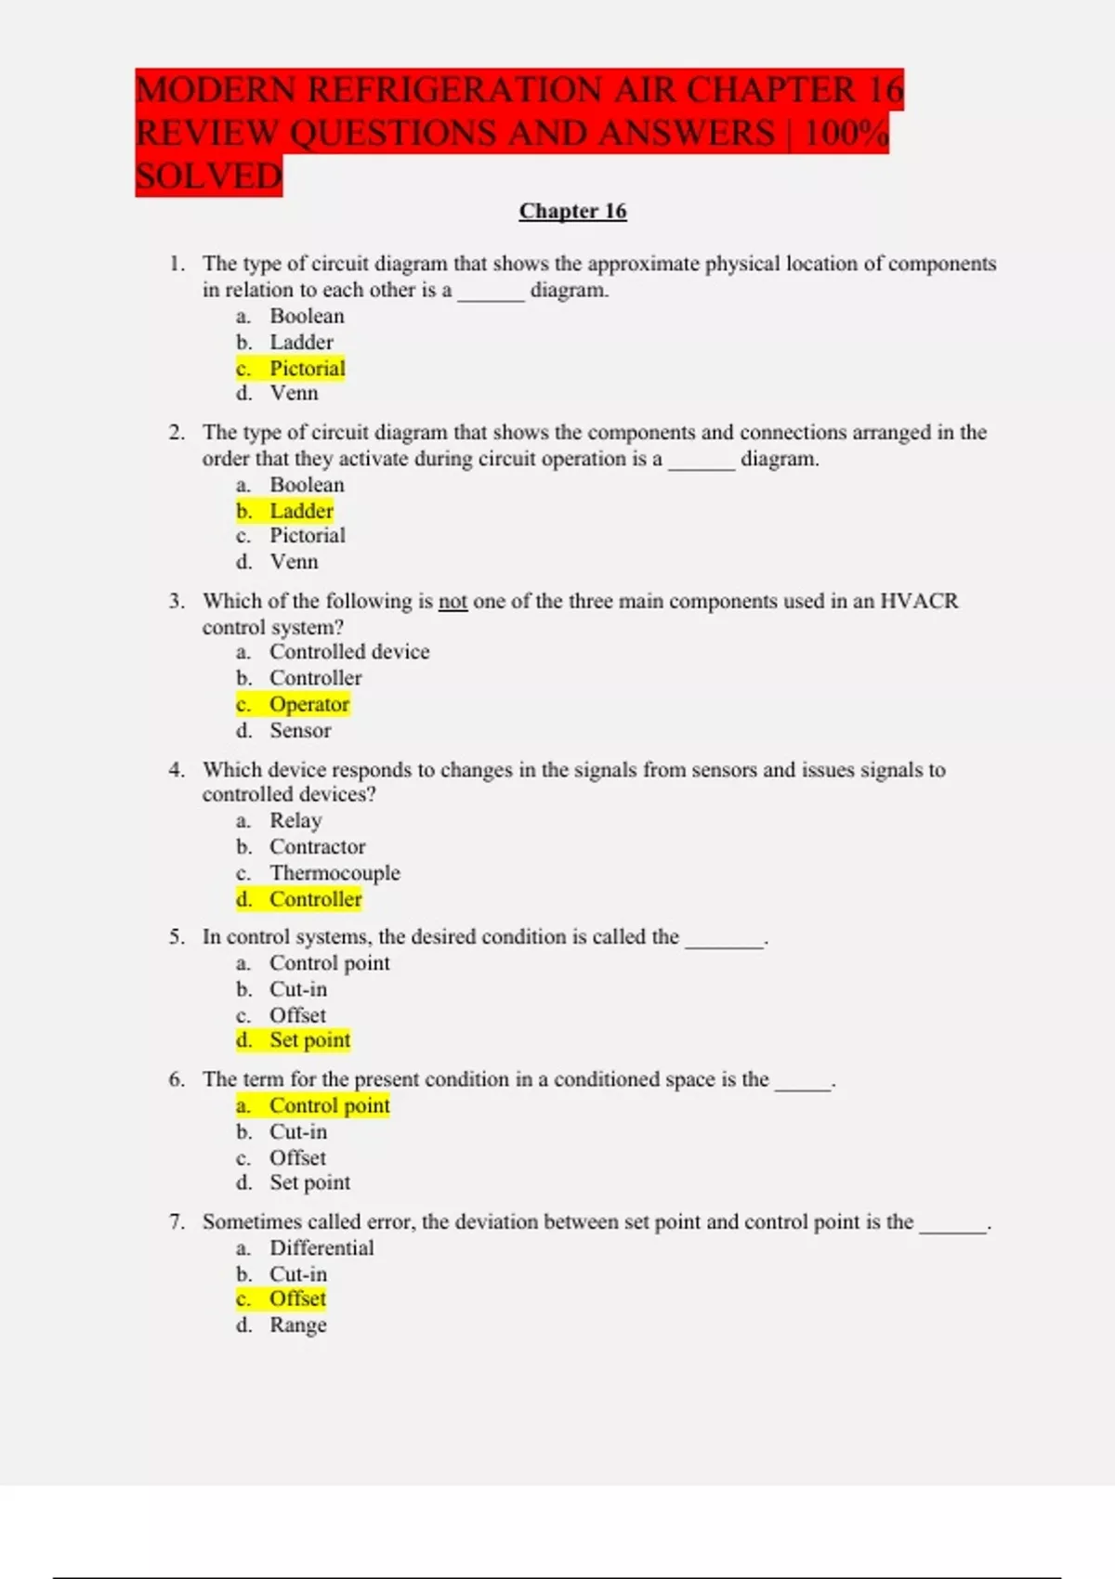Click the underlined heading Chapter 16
(572, 212)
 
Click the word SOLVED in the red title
(209, 176)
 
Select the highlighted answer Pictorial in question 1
(307, 369)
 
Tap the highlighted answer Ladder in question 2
(301, 511)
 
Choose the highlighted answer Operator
(309, 704)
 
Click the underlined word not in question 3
(453, 602)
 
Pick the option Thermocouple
(334, 873)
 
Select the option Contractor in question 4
(317, 847)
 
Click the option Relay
(295, 821)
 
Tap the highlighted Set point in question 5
(309, 1040)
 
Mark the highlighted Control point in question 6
(329, 1106)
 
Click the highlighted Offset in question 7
(297, 1298)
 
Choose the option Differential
(321, 1248)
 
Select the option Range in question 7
(297, 1325)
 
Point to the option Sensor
(300, 731)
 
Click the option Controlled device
(349, 652)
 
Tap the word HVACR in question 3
(918, 602)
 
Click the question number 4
(177, 770)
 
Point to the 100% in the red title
(846, 133)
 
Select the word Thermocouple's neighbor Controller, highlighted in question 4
(315, 899)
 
